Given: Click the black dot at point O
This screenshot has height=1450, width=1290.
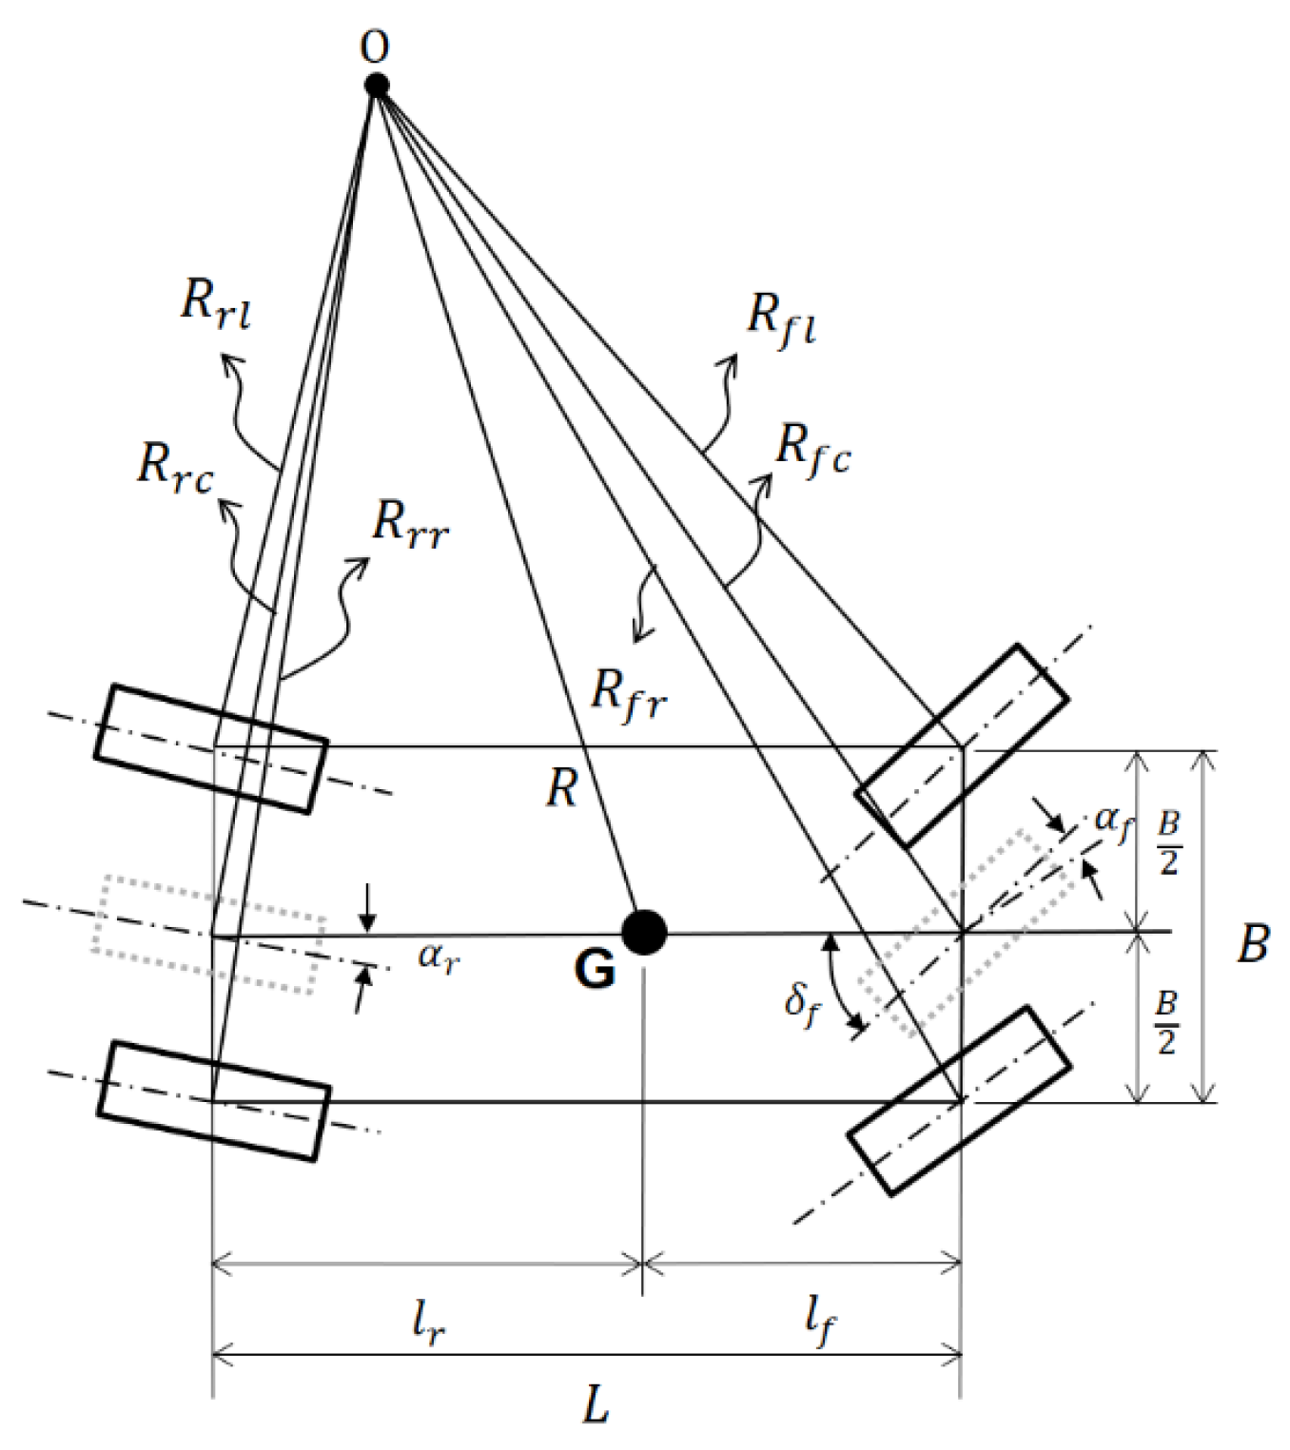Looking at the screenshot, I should pyautogui.click(x=377, y=86).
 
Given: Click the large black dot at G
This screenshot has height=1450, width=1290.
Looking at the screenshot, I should pyautogui.click(x=644, y=932).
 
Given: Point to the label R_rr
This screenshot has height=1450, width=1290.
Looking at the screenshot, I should pyautogui.click(x=409, y=523).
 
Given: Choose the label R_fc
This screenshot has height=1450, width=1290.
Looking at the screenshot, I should pyautogui.click(x=812, y=449).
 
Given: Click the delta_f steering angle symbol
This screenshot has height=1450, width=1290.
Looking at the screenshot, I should pyautogui.click(x=801, y=1004).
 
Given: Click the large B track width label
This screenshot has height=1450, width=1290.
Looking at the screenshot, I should pyautogui.click(x=1253, y=944).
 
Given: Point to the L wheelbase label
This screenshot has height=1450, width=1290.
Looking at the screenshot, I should pyautogui.click(x=596, y=1404).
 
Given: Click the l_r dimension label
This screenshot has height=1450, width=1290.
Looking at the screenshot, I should pyautogui.click(x=428, y=1321).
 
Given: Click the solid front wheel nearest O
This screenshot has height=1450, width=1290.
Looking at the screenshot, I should pyautogui.click(x=962, y=745).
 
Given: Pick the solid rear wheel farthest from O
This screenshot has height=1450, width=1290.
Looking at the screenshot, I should pyautogui.click(x=214, y=1101).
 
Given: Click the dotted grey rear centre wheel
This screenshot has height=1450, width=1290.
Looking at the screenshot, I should pyautogui.click(x=208, y=934).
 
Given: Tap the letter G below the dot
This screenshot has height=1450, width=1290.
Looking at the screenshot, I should pyautogui.click(x=596, y=971).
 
